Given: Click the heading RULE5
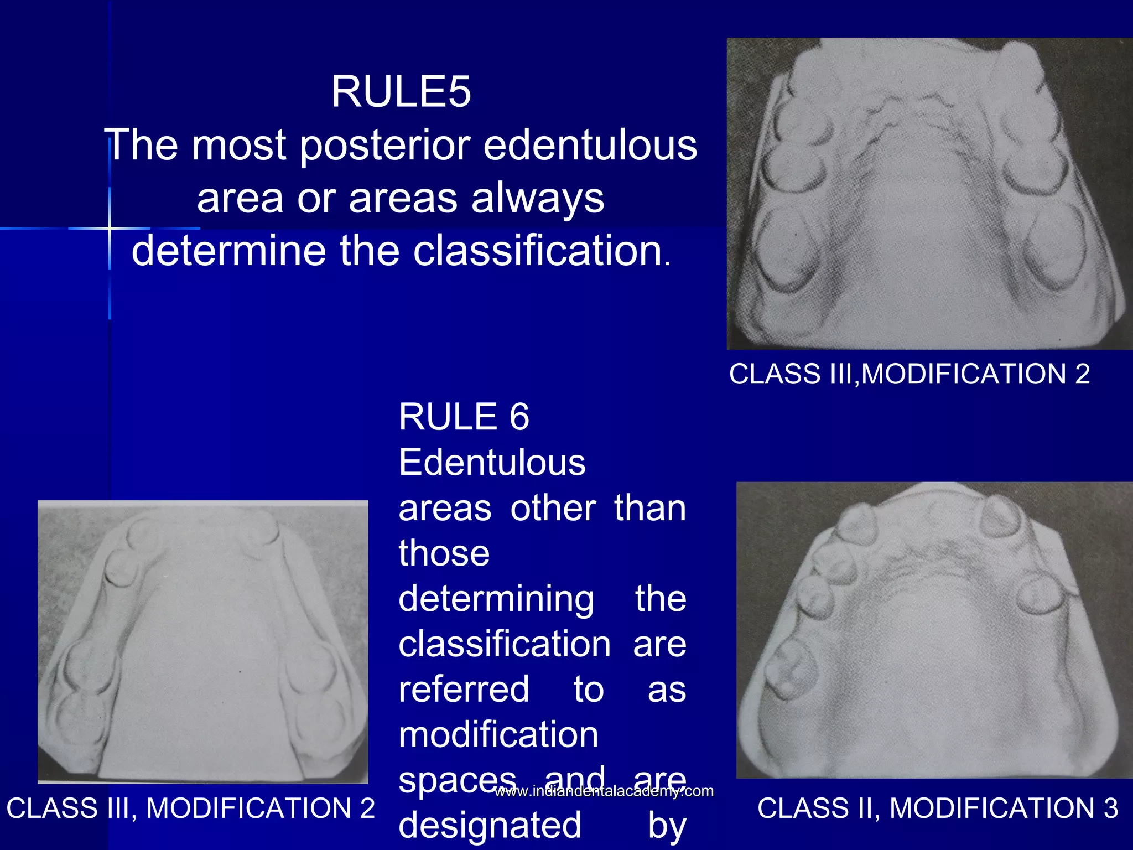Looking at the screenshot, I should [x=401, y=92].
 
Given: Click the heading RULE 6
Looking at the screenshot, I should [x=464, y=417].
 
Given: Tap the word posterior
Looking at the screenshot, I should [x=385, y=146].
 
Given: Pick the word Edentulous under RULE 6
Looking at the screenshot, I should [x=492, y=463].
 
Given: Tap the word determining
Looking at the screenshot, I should [x=496, y=599].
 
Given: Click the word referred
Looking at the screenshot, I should [x=464, y=690].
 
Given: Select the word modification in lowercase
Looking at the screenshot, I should [x=498, y=735].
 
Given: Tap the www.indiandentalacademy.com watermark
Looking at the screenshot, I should [x=604, y=791].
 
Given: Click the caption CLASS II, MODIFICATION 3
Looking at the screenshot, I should [x=937, y=808].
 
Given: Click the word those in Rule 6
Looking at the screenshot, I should [x=444, y=553].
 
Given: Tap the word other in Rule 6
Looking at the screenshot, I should [x=553, y=508].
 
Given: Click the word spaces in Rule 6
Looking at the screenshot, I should [x=457, y=779].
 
